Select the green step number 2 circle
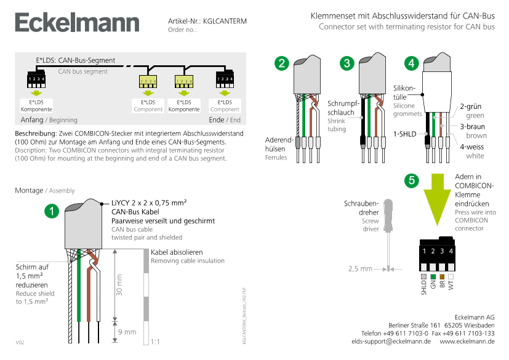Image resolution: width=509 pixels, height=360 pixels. (281, 63)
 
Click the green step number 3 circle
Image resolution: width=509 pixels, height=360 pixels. (347, 63)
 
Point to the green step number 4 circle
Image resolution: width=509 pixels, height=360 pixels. (412, 63)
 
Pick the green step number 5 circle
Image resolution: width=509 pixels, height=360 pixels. (412, 180)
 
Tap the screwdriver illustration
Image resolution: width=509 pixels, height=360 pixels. (388, 228)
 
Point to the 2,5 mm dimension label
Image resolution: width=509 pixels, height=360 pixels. (360, 269)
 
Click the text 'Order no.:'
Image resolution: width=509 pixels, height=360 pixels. (182, 30)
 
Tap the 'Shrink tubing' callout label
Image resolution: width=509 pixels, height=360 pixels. (337, 125)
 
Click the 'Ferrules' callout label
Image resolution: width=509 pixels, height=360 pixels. (276, 158)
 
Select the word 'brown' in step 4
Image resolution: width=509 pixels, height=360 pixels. (476, 135)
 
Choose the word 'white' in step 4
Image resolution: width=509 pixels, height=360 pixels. (475, 156)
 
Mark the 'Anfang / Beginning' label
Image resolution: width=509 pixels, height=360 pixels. (49, 120)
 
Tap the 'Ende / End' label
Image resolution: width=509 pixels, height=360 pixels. (225, 120)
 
